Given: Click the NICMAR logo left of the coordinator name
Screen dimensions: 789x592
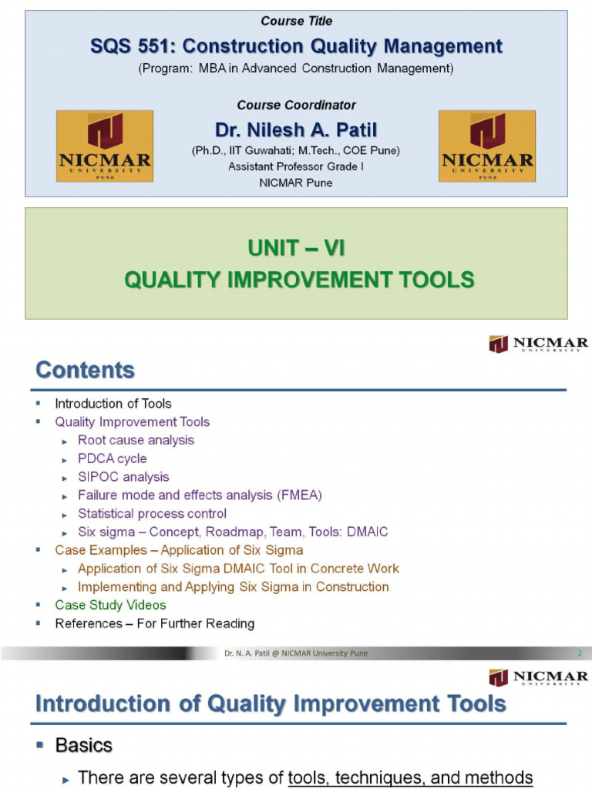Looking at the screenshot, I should pos(105,146).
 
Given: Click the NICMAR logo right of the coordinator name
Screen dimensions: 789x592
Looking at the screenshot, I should pos(486,146).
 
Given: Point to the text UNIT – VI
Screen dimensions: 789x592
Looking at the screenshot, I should pos(296,248).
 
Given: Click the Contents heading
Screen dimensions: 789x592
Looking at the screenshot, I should pos(85,371).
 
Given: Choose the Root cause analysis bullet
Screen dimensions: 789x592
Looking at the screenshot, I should pos(136,440).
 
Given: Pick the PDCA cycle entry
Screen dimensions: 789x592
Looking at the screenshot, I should pos(112,458).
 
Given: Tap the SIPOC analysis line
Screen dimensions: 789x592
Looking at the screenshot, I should pos(123,477).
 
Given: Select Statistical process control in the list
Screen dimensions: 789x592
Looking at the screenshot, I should pos(152,514).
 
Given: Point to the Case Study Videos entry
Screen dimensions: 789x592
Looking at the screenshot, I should pos(110,605).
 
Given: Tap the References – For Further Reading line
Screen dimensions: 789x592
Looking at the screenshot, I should pos(154,623).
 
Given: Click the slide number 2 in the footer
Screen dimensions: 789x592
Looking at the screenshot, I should pos(579,653).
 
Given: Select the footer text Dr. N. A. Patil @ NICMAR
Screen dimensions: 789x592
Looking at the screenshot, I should pos(296,653).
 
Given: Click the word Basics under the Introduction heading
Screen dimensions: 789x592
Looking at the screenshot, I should pos(83,746).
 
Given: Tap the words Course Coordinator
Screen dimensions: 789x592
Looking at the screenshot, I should pos(296,105).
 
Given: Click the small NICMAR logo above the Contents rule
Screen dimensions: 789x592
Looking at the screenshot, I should pos(538,344).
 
